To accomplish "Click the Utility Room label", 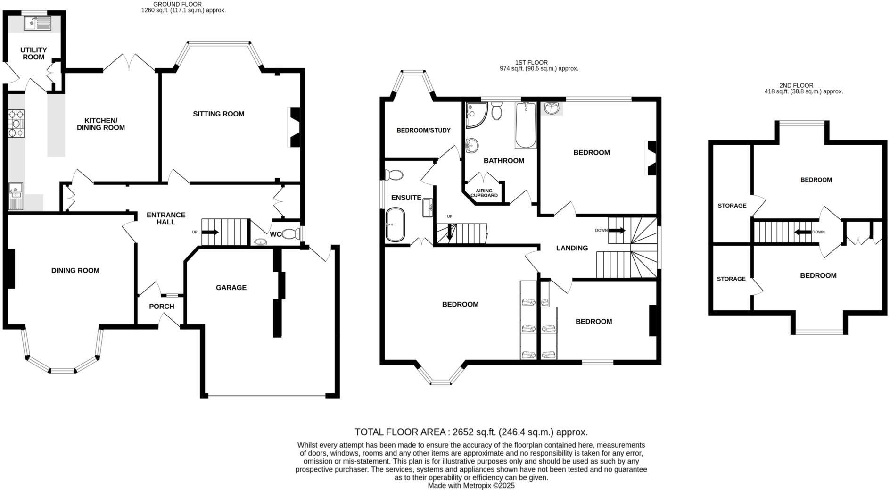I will coord(33,53).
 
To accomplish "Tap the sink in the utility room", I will coord(37,23).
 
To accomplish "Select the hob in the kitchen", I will coord(16,124).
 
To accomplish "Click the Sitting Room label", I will coord(218,114).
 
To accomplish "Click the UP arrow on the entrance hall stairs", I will coord(210,232).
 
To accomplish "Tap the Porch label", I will coord(161,306).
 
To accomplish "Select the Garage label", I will coord(231,287).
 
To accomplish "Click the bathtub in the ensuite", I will coord(395,224).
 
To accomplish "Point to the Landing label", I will coord(572,248).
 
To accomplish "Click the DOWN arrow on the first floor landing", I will coord(617,231).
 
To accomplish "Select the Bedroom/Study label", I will coord(423,130).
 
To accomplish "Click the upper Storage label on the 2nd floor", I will coord(732,206).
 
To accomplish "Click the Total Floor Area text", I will coord(470,432).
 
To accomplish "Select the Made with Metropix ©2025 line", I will coord(470,485).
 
